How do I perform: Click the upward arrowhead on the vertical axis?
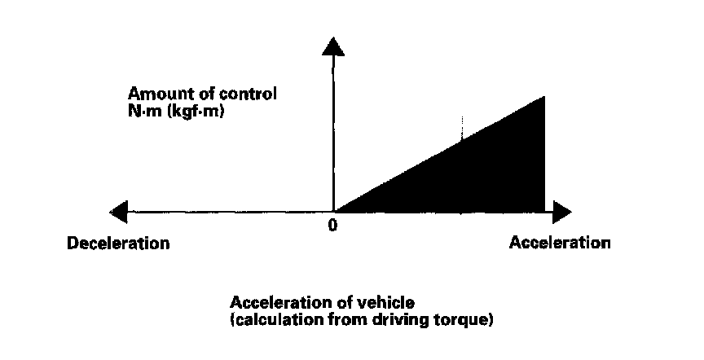[x=332, y=46]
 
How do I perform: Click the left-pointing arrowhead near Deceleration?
[x=119, y=213]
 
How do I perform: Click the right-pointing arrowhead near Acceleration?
[x=560, y=213]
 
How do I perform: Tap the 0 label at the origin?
[x=332, y=226]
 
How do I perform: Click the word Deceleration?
[x=119, y=243]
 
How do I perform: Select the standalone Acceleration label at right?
[x=559, y=242]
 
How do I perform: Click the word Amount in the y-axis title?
[x=153, y=94]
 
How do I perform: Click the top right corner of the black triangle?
[x=543, y=97]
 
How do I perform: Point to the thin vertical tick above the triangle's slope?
[x=462, y=126]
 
